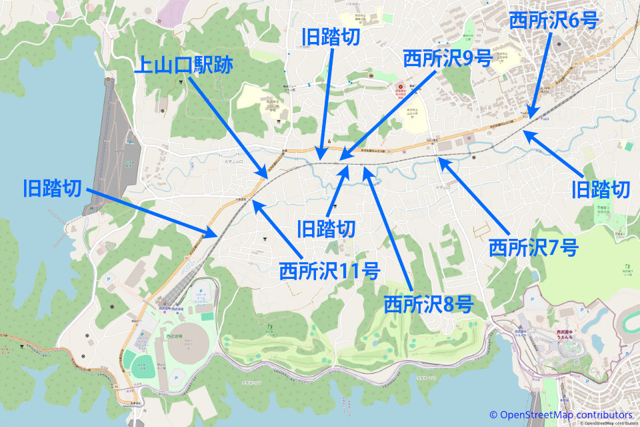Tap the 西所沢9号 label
pos(447,59)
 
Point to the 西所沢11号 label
pos(329,271)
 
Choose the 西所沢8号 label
pos(428,304)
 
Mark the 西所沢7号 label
pos(533,248)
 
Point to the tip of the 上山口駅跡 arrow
pos(267,178)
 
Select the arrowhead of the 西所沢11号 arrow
pos(253,202)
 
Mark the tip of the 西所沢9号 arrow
pos(338,160)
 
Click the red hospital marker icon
pos(400,87)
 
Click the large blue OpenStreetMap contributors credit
pos(561,414)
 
